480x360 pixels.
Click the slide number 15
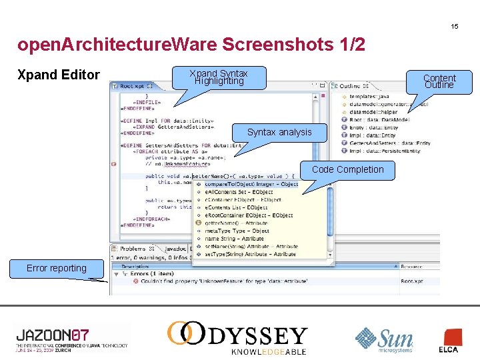coord(454,27)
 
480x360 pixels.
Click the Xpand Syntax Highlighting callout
coord(218,77)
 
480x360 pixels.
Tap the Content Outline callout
coord(439,81)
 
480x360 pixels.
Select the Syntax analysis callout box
coord(279,132)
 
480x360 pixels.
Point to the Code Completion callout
coord(347,169)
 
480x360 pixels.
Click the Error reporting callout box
coord(57,268)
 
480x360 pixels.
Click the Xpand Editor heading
coord(59,75)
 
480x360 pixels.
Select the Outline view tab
coord(349,86)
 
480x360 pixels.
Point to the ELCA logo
coord(448,341)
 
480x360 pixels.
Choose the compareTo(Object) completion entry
coord(251,184)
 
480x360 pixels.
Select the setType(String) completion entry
coord(250,254)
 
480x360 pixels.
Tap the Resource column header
coord(411,266)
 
